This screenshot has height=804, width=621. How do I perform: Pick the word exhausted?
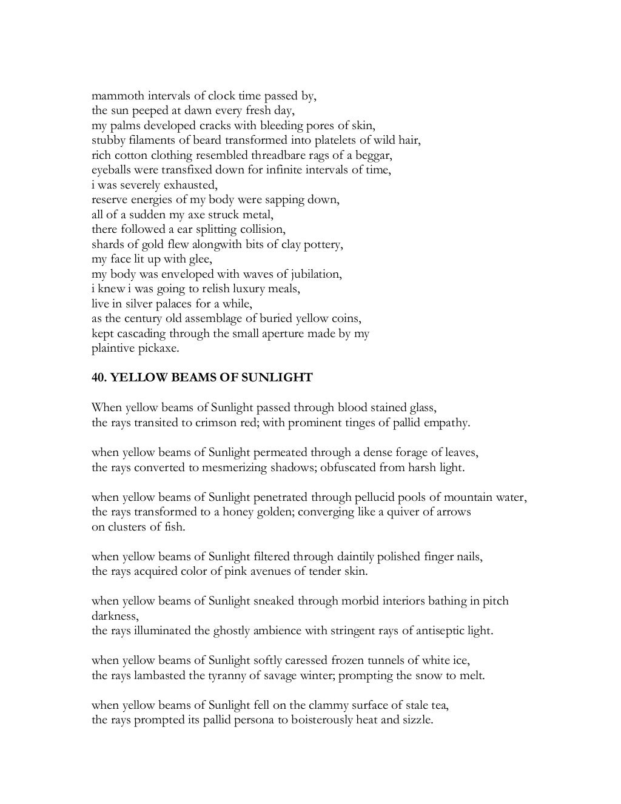pos(192,185)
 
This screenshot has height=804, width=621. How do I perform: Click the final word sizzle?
pos(416,720)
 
